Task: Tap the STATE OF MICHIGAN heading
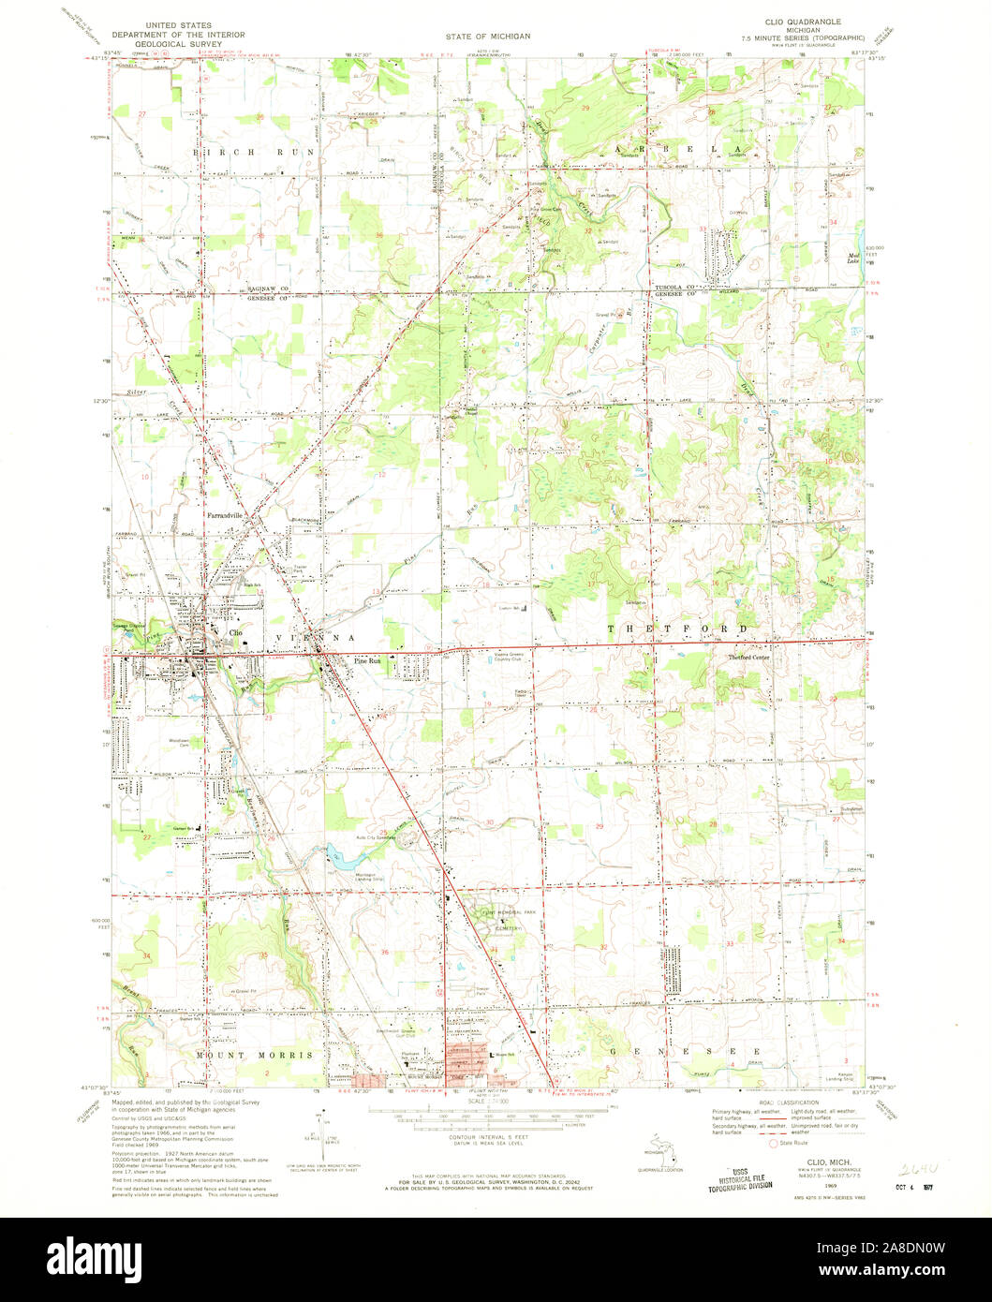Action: click(487, 36)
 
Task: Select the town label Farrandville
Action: click(225, 515)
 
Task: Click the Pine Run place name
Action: click(367, 660)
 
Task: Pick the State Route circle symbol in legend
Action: click(773, 1143)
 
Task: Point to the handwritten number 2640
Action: click(918, 1169)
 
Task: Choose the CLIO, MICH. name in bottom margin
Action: click(821, 1161)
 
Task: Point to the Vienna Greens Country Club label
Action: click(511, 658)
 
